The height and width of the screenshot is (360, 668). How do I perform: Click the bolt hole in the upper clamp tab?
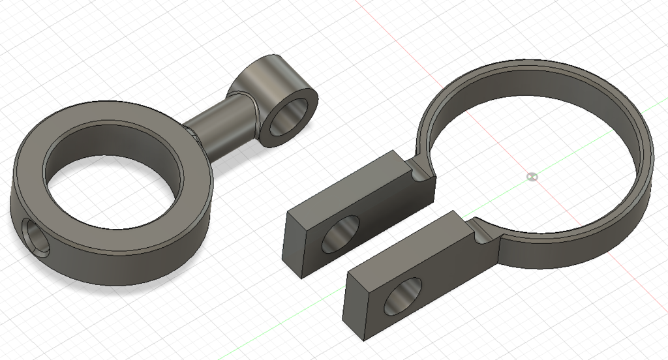pos(341,233)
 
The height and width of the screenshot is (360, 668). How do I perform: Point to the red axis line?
pos(391,33)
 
